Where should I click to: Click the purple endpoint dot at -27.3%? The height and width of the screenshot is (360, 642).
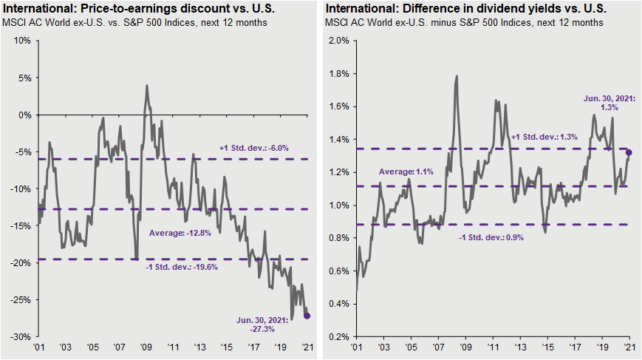(307, 316)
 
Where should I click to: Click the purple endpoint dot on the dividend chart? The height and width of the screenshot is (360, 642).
(629, 153)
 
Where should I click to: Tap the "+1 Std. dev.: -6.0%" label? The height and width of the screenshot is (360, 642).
(254, 148)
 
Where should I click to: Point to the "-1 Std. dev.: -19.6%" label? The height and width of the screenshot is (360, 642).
(182, 267)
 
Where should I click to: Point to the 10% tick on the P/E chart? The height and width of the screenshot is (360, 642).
(21, 41)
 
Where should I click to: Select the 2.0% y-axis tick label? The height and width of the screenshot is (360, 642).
(337, 41)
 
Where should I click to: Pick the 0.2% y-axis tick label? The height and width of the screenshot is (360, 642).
(337, 336)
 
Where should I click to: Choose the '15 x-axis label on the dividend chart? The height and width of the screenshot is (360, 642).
(547, 347)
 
